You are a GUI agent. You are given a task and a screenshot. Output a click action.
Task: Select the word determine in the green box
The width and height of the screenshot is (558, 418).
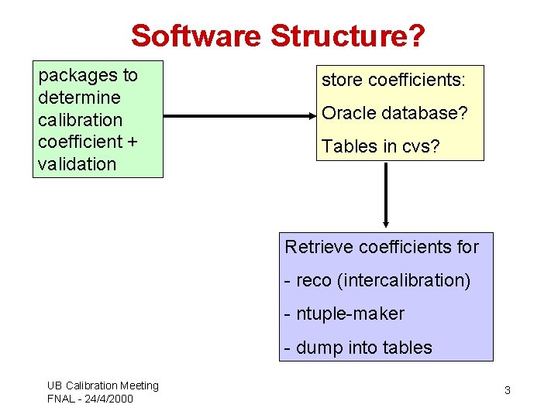[79, 98]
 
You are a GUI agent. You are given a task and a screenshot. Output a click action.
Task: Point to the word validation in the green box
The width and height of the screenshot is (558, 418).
[77, 164]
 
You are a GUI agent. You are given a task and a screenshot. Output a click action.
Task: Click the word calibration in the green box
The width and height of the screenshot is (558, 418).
[80, 120]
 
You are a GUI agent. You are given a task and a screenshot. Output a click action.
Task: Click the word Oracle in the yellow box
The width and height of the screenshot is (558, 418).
[348, 113]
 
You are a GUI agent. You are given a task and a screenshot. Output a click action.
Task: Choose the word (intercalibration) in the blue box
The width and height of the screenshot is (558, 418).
[404, 280]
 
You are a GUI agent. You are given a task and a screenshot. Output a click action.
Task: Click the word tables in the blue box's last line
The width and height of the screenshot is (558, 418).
[407, 348]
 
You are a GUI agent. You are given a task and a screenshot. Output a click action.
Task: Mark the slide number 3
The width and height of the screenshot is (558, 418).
[508, 390]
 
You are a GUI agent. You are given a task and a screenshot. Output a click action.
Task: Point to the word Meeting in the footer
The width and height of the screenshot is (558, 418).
[139, 385]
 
